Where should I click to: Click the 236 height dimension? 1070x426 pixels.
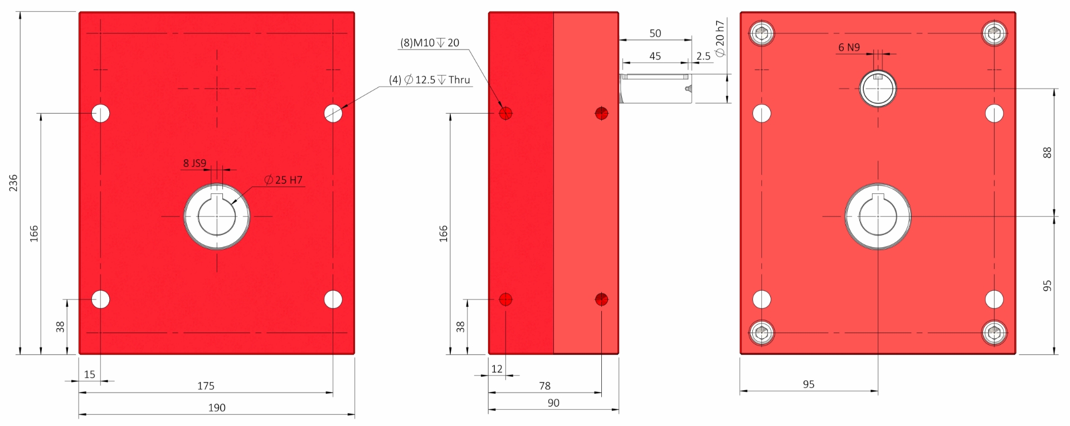click(x=13, y=183)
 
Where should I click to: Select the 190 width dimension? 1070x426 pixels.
click(x=217, y=408)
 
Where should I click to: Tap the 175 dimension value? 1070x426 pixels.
click(x=206, y=386)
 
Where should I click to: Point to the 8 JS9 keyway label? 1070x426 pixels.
click(x=194, y=163)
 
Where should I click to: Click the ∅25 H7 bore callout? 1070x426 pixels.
click(x=283, y=180)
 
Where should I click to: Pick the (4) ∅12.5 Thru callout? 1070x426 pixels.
click(x=430, y=80)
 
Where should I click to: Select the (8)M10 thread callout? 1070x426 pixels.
click(x=430, y=43)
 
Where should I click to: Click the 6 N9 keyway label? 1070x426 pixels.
click(x=849, y=48)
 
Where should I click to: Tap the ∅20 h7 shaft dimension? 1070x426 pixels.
click(x=719, y=38)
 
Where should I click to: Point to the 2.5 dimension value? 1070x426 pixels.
click(x=703, y=56)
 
